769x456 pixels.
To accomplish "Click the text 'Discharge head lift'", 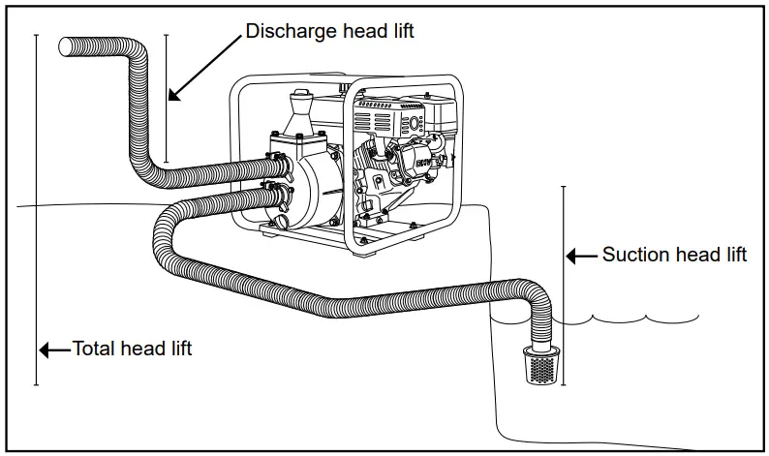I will [329, 31].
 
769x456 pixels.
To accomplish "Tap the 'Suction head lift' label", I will [674, 256].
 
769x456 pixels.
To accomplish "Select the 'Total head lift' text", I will [132, 349].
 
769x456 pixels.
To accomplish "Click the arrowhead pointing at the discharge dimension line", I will [174, 95].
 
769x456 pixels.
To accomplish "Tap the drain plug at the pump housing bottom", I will [282, 224].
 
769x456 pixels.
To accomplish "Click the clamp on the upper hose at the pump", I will [273, 162].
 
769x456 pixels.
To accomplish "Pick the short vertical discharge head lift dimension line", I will [166, 97].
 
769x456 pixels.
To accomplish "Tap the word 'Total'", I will [95, 349].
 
